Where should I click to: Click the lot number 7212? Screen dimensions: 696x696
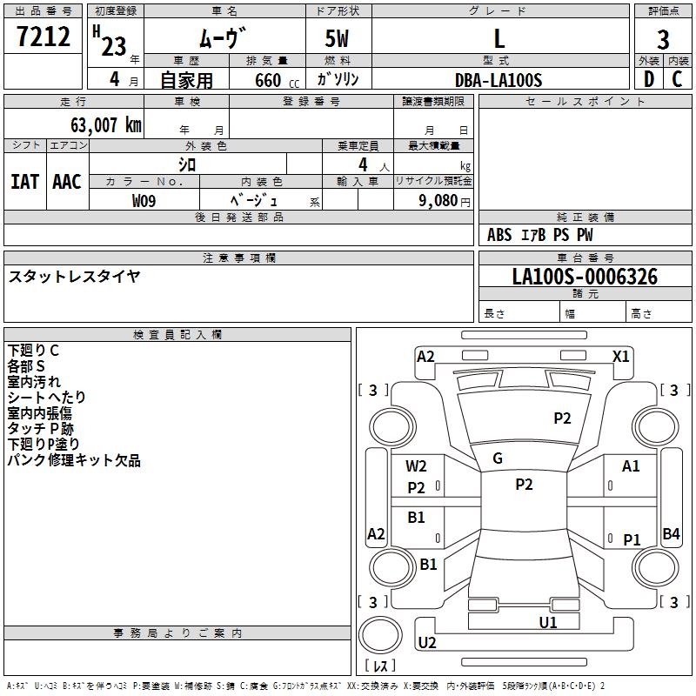[43, 36]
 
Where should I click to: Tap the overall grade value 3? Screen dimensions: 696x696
[663, 39]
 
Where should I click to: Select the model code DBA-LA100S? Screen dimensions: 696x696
[499, 80]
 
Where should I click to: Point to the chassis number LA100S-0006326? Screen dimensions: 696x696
[585, 277]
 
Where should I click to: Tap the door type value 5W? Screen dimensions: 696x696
[338, 39]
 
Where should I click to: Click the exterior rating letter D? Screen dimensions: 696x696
[647, 80]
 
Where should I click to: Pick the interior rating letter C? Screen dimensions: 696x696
[677, 80]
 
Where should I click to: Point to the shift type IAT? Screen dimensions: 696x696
[24, 181]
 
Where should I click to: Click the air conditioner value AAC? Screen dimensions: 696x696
[67, 181]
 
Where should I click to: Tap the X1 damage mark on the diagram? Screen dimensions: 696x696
[620, 356]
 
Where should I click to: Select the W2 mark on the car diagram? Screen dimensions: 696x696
[417, 466]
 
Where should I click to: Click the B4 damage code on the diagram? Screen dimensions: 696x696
[671, 534]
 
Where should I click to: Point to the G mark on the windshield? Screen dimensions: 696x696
[498, 458]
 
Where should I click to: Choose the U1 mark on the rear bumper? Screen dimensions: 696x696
[547, 622]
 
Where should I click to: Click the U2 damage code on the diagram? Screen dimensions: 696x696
[427, 643]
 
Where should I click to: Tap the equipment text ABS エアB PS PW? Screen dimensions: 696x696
[540, 235]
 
